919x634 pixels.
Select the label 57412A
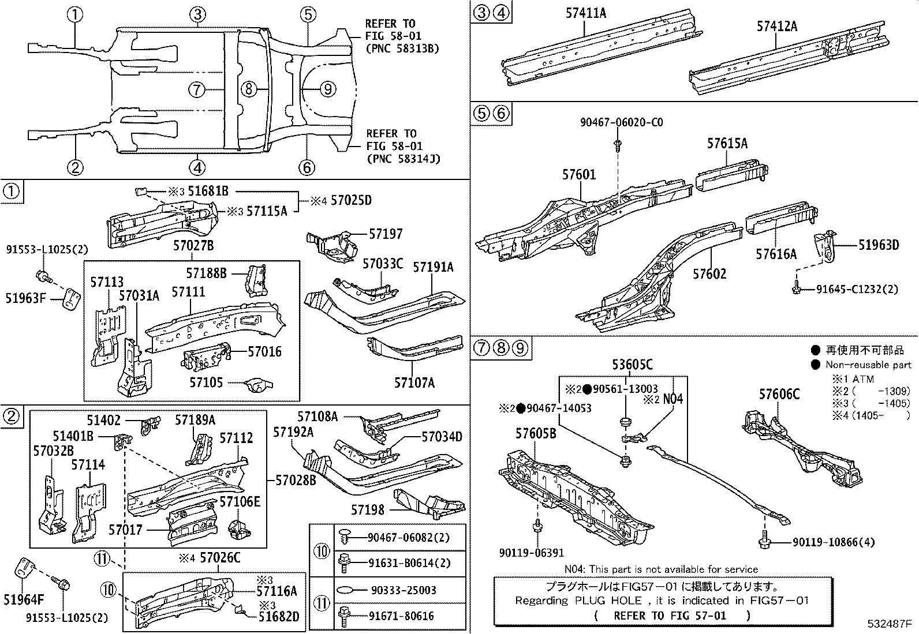[x=776, y=26]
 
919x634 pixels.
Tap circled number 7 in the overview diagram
[x=197, y=89]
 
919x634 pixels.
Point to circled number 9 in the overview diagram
[x=327, y=89]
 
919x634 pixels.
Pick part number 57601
[x=579, y=174]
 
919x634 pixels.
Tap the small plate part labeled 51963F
[x=71, y=299]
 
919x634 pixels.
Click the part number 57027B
[x=193, y=246]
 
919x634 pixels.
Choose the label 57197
[x=386, y=234]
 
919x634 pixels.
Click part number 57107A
[x=414, y=382]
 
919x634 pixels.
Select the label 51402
[x=104, y=422]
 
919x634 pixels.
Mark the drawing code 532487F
[x=889, y=624]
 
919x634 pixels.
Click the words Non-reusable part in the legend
[x=868, y=365]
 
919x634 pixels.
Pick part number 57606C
[x=779, y=394]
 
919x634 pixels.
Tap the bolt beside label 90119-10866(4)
[x=765, y=541]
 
